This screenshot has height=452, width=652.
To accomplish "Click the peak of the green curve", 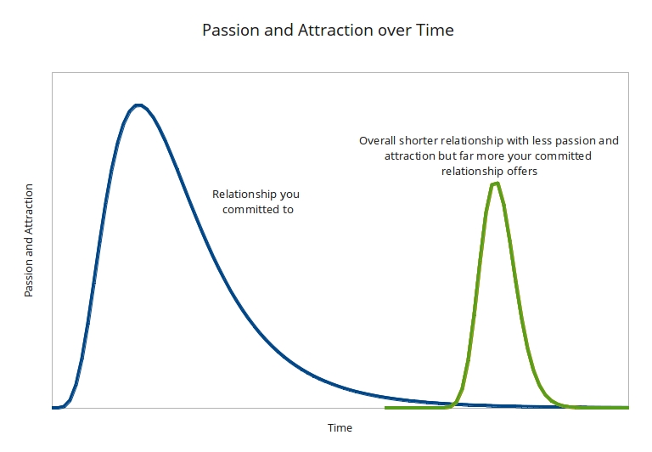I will coord(495,184).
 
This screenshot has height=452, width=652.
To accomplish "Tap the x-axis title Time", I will coord(340,428).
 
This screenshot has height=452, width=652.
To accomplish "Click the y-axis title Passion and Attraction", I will coord(29,240).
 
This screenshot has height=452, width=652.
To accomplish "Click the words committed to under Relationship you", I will coord(258,209).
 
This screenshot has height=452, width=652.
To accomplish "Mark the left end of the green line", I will coord(386,408).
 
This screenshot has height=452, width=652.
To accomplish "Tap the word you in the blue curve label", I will coord(290,194).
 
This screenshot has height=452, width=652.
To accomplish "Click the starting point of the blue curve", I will coord(53,408).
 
